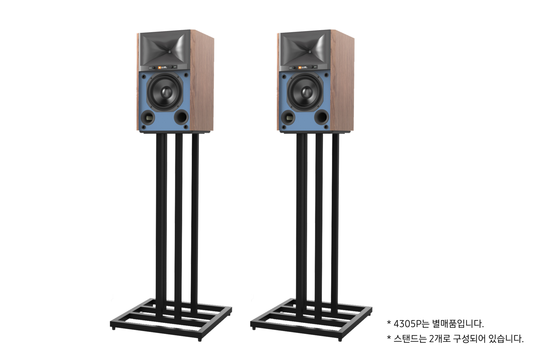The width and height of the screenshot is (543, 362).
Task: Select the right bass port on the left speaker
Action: point(180,116)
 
